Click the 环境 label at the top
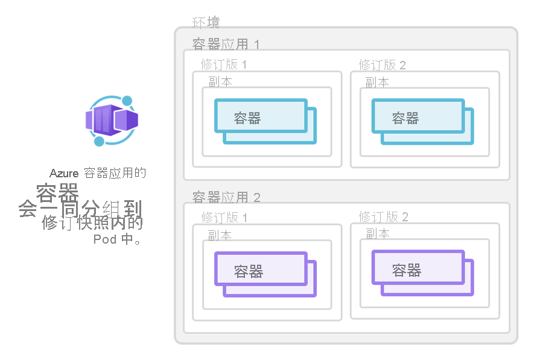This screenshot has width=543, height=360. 206,23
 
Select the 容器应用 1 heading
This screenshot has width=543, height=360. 226,44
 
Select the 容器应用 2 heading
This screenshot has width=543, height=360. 226,197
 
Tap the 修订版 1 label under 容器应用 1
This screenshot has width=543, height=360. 224,65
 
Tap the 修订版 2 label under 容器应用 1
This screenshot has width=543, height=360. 383,65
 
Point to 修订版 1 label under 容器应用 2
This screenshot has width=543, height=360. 224,217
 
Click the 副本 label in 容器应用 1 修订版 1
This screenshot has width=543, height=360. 220,82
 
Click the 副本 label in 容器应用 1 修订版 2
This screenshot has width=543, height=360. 377,82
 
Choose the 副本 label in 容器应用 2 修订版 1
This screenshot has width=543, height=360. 220,235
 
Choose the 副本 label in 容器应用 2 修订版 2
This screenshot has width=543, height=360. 378,233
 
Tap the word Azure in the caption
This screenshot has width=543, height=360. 65,174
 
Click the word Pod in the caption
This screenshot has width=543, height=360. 105,239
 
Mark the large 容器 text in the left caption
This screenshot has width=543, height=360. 57,193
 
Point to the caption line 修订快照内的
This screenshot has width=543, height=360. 92,223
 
